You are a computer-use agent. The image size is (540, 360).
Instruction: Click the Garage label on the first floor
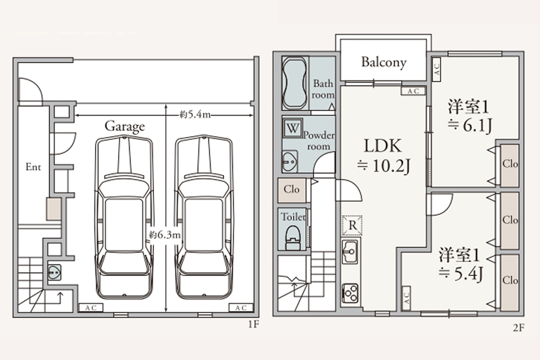tap(125, 126)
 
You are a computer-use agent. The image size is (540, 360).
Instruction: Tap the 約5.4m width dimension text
tap(195, 114)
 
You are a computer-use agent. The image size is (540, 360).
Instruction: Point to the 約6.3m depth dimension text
tap(165, 235)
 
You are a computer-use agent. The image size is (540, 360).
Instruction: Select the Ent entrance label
tap(33, 167)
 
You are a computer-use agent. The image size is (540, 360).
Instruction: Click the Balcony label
tap(383, 62)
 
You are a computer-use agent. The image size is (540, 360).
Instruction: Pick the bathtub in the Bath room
tap(294, 83)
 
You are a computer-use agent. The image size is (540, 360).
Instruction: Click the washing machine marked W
tap(292, 128)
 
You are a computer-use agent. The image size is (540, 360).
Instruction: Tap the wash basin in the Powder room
tap(290, 161)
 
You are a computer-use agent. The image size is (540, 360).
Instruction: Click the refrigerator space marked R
tap(352, 225)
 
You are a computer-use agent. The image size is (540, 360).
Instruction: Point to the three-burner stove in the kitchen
tap(350, 293)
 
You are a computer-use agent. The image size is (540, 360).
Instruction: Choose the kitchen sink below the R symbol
tap(350, 252)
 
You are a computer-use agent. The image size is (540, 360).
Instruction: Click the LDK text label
tap(383, 146)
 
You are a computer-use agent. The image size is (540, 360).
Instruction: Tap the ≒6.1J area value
tap(470, 125)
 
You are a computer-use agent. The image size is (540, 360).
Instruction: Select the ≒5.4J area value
tap(461, 274)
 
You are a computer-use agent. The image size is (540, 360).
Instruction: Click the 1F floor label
tap(253, 324)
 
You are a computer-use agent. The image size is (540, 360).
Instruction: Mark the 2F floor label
tap(518, 328)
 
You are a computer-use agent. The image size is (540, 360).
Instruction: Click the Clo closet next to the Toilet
tap(292, 189)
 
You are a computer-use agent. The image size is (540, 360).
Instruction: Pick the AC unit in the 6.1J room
tap(436, 69)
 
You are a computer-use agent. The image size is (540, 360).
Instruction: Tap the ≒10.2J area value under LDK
tap(383, 166)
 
